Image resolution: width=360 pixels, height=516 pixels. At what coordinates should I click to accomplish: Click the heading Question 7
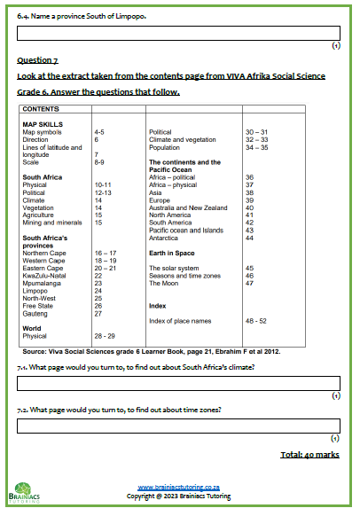point(37,60)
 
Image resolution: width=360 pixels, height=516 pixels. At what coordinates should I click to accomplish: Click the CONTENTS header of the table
point(40,109)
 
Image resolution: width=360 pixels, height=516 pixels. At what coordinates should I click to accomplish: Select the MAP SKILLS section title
point(41,123)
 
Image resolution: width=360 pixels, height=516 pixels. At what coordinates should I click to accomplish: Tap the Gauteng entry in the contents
point(35,314)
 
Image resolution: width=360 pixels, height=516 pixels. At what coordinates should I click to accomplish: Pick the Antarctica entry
point(166,238)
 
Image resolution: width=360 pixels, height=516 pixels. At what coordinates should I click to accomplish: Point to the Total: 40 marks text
point(310,454)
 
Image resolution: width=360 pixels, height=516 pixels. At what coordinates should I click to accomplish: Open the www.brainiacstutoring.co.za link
point(179,487)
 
